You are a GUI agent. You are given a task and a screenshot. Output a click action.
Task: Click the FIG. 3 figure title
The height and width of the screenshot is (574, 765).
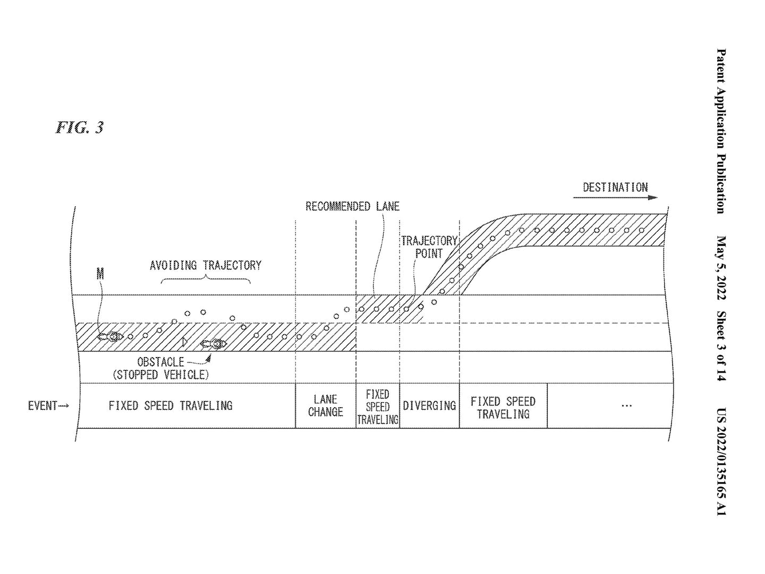click(x=80, y=128)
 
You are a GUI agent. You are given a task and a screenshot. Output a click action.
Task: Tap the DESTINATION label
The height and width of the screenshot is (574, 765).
click(x=615, y=188)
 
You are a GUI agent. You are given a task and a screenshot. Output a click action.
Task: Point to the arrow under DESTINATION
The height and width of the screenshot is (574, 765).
click(x=615, y=198)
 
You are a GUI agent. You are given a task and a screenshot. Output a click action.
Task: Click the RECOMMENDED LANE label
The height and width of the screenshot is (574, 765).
click(x=352, y=206)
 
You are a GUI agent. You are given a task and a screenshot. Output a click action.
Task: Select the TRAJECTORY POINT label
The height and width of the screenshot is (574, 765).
click(x=429, y=247)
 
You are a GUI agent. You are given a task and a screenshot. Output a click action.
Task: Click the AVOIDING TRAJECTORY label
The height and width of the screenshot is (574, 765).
click(x=206, y=266)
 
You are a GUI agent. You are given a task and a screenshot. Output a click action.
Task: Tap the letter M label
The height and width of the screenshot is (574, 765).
click(x=100, y=274)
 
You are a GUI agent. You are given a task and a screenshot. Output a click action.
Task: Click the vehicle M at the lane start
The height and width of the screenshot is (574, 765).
click(x=110, y=336)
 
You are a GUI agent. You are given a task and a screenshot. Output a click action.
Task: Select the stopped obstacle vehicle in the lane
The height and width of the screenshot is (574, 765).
click(x=214, y=344)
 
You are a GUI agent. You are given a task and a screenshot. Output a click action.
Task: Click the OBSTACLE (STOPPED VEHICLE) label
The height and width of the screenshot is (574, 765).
click(x=160, y=368)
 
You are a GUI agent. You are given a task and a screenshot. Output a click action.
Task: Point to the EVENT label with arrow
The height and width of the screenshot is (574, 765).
click(x=48, y=406)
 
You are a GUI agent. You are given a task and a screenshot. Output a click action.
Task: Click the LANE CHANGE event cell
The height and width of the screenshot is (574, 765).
click(x=326, y=406)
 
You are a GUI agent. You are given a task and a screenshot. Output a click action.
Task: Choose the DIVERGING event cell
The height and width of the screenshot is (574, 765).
click(x=429, y=406)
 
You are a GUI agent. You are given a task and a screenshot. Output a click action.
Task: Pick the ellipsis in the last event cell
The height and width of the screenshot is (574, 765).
click(x=627, y=406)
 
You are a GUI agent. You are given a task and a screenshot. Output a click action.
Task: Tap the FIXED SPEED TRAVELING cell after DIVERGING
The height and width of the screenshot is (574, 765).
click(x=503, y=406)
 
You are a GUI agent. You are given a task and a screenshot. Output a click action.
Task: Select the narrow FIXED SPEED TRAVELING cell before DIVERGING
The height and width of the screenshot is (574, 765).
click(x=378, y=406)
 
